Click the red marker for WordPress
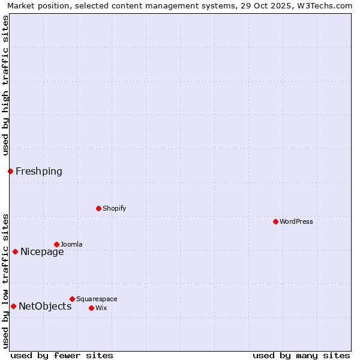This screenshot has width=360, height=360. (275, 221)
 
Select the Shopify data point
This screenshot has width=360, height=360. (98, 208)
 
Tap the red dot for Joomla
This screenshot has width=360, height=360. (56, 244)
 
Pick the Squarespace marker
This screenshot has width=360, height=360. (72, 299)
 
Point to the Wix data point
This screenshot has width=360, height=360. (91, 308)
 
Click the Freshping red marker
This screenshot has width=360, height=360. (10, 171)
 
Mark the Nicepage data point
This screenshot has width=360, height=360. (15, 251)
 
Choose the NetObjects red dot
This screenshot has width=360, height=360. (13, 306)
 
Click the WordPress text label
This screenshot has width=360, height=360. (296, 221)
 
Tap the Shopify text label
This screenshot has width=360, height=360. (115, 208)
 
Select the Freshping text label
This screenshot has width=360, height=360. (39, 171)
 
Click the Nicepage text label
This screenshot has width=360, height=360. (42, 251)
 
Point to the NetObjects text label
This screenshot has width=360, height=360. (45, 306)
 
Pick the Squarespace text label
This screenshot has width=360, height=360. (97, 299)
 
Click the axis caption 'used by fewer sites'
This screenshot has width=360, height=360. (62, 355)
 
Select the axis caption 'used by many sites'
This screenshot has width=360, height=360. (301, 355)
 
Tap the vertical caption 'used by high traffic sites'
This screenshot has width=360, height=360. (5, 85)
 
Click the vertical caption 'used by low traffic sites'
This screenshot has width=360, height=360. (5, 281)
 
